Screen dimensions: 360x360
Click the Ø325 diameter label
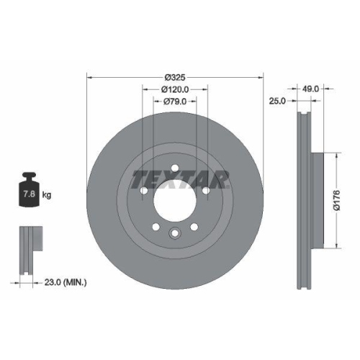click(175, 77)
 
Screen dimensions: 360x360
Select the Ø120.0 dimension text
click(175, 89)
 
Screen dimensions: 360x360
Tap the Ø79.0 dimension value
click(175, 102)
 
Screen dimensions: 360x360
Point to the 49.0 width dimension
click(311, 89)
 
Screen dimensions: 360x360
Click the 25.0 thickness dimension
click(278, 102)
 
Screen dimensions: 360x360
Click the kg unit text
click(46, 195)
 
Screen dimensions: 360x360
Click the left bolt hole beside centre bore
click(143, 192)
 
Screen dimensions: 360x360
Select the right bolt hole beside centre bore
click(206, 192)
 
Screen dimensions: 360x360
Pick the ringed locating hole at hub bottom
click(175, 232)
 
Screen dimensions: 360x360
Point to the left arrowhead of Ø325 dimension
click(89, 77)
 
